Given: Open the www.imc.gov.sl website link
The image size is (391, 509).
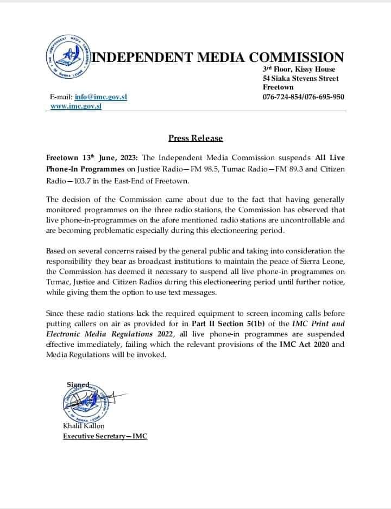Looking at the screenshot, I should (x=75, y=106).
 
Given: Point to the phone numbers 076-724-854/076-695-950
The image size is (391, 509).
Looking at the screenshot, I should (x=303, y=97).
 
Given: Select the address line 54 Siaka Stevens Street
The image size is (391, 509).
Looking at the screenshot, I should (x=300, y=78).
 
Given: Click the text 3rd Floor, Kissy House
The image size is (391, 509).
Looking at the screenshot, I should (x=299, y=69).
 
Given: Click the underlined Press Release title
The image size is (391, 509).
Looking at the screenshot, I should (x=195, y=138).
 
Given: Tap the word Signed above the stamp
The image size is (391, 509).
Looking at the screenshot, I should (x=78, y=384).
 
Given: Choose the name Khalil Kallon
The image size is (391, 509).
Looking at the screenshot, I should (x=84, y=426).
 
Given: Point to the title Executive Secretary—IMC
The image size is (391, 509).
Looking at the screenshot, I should (x=105, y=436).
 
